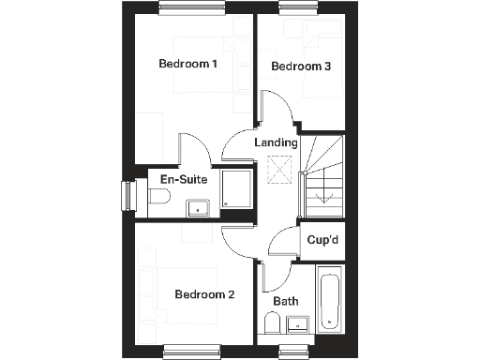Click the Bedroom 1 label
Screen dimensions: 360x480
pyautogui.click(x=187, y=64)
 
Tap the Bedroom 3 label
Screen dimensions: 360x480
pyautogui.click(x=301, y=67)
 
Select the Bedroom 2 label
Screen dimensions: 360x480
pyautogui.click(x=204, y=294)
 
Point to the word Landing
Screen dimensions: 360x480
pyautogui.click(x=277, y=143)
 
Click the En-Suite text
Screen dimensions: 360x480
pyautogui.click(x=183, y=178)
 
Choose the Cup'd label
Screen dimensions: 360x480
pyautogui.click(x=322, y=240)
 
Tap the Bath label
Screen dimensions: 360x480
pyautogui.click(x=286, y=302)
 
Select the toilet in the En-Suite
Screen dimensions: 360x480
pyautogui.click(x=157, y=197)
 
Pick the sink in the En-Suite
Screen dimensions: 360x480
pyautogui.click(x=197, y=207)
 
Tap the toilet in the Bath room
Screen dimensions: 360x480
pyautogui.click(x=271, y=325)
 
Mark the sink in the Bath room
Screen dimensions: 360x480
pyautogui.click(x=298, y=325)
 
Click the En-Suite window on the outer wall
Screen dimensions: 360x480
pyautogui.click(x=127, y=197)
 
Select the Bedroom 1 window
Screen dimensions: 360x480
pyautogui.click(x=185, y=10)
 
